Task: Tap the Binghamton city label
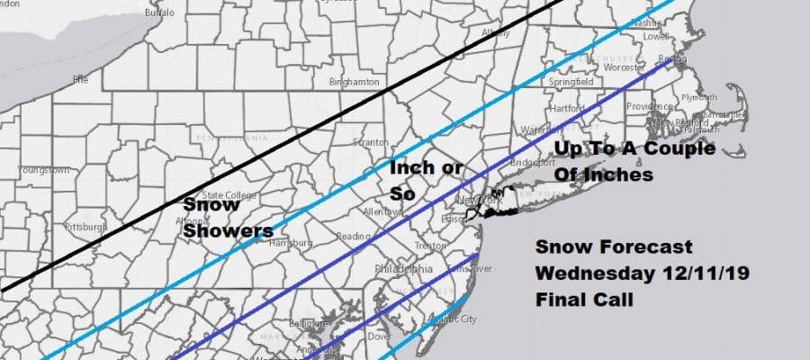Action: [355, 82]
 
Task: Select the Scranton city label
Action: [372, 142]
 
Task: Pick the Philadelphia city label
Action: [409, 267]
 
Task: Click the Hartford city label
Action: [568, 108]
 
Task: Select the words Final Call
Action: [584, 298]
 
